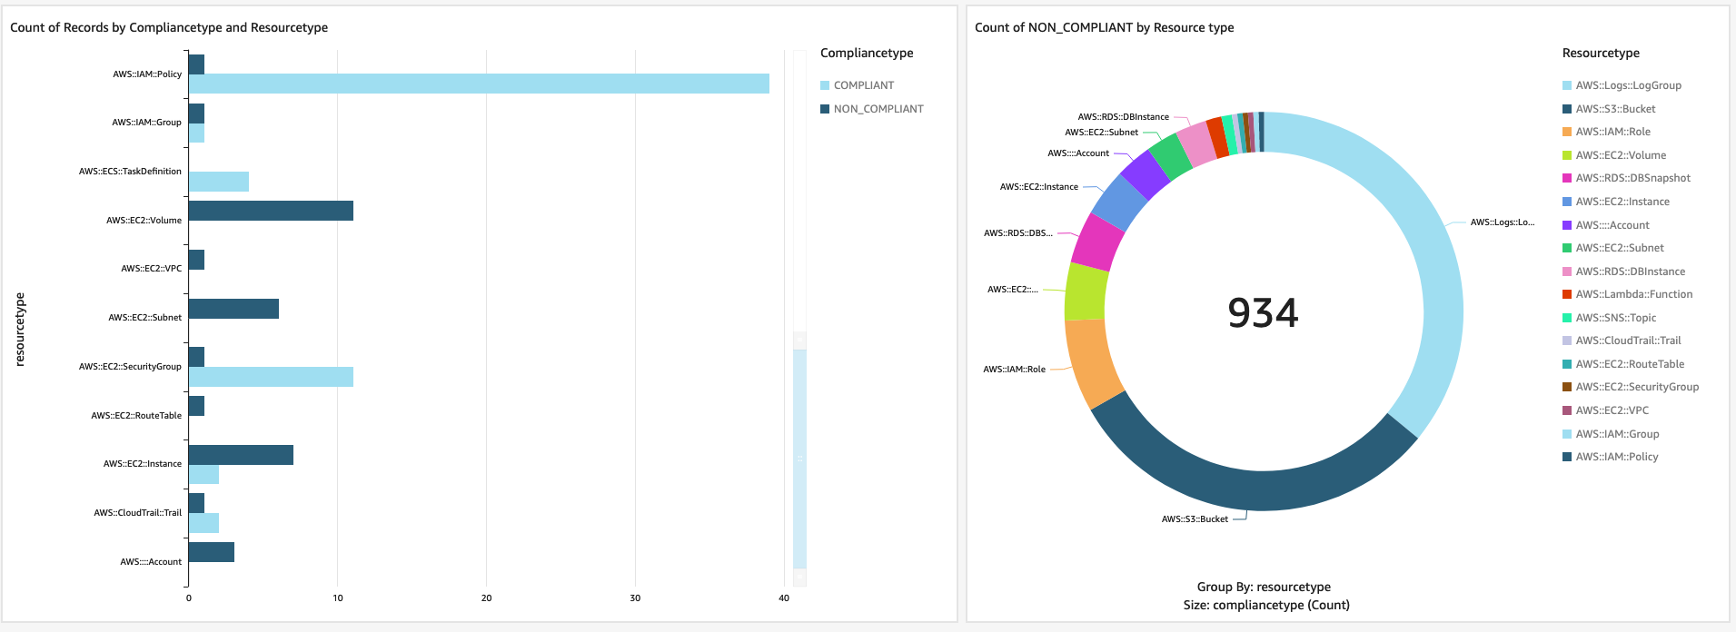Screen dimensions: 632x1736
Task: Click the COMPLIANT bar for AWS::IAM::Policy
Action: point(479,84)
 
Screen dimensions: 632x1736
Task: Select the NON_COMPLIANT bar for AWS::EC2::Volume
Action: point(271,211)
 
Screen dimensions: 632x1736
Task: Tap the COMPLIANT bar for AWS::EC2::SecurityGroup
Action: point(271,377)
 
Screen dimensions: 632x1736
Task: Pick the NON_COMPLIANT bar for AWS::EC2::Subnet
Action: point(233,309)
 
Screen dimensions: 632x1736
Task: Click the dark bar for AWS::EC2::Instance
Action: point(241,454)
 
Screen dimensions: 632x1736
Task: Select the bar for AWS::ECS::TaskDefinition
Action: point(219,182)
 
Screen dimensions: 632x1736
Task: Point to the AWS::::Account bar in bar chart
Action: point(211,552)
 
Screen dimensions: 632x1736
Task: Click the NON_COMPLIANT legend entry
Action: point(878,109)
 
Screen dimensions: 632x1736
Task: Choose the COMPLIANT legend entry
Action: point(863,85)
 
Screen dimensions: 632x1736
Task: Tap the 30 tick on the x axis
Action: point(635,597)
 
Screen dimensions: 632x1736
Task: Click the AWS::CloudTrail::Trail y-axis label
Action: point(137,513)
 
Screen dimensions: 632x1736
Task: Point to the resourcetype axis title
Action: point(20,329)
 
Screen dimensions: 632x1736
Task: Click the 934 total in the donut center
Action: point(1263,313)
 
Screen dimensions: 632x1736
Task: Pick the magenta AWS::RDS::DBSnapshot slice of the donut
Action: point(1098,242)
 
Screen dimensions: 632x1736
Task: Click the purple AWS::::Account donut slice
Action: point(1145,174)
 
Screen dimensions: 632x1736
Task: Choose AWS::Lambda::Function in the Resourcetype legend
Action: point(1633,294)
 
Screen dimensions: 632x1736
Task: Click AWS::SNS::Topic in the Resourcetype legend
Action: point(1615,318)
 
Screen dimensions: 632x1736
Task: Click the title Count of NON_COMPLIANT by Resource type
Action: point(1104,27)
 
